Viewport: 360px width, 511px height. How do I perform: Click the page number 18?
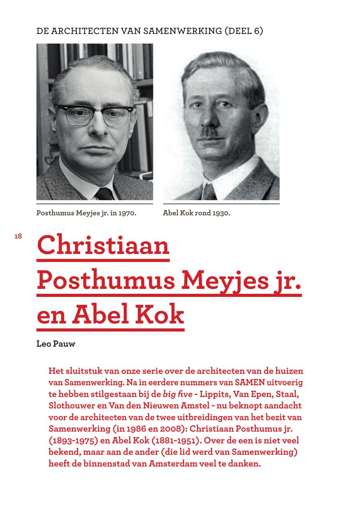click(18, 236)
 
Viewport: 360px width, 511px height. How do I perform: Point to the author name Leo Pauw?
click(56, 344)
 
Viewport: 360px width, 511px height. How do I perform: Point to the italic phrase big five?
click(178, 394)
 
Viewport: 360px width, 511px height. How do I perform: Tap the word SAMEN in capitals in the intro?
click(250, 382)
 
